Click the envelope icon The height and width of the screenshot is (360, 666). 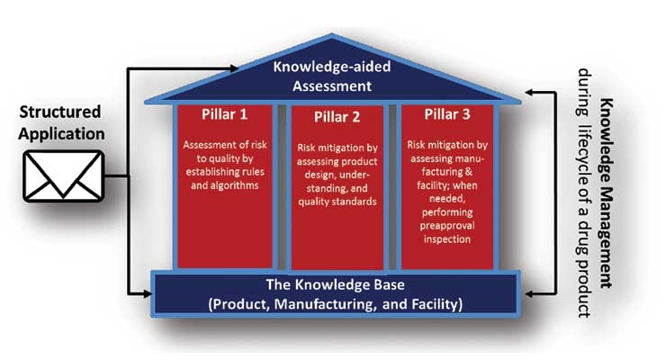(63, 175)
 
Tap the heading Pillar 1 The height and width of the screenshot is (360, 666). (224, 114)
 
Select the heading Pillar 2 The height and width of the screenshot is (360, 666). (337, 117)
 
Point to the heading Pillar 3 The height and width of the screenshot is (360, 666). (447, 114)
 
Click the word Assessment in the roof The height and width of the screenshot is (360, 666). (332, 86)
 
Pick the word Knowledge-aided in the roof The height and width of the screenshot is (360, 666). (332, 67)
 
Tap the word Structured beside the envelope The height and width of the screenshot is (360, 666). (60, 112)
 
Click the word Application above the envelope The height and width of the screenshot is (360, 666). (61, 134)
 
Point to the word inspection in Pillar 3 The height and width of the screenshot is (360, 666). (446, 239)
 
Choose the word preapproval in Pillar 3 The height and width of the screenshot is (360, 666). (446, 226)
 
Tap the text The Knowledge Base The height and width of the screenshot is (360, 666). (335, 284)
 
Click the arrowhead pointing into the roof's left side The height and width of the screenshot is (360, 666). (234, 67)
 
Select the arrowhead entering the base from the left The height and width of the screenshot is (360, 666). (148, 293)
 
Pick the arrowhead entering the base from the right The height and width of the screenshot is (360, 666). (529, 293)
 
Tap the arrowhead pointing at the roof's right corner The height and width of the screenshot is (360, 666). (529, 92)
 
